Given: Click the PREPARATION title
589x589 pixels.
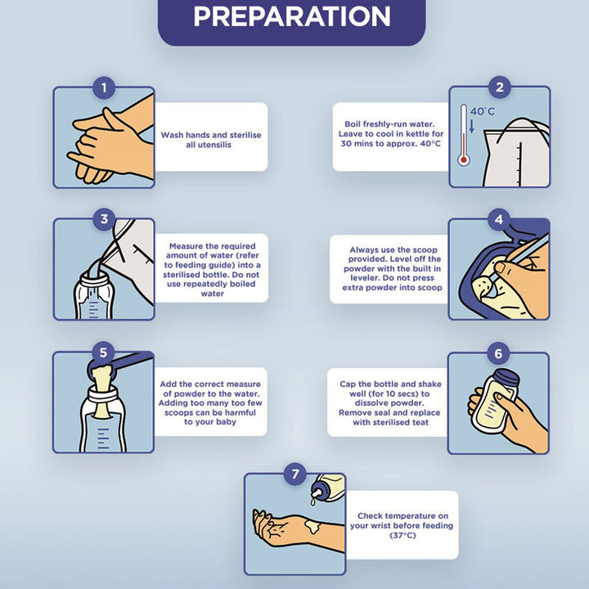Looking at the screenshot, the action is [x=292, y=16].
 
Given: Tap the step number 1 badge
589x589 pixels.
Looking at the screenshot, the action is [x=104, y=88].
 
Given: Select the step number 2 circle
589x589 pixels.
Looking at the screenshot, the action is [x=500, y=88].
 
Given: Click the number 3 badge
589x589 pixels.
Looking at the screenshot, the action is [x=104, y=219].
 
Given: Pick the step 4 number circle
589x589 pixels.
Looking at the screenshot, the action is [x=499, y=219].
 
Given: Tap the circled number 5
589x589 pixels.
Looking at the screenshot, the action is [x=103, y=353].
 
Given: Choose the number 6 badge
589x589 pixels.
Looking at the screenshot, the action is [x=498, y=353].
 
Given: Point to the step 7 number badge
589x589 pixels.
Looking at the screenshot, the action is [x=295, y=474].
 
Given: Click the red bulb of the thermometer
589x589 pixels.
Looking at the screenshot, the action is [x=464, y=160].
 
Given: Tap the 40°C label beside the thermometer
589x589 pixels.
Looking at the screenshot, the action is [x=483, y=111].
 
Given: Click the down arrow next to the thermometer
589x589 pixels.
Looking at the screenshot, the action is [x=472, y=126].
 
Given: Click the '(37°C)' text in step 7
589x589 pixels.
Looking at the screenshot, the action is [x=402, y=535].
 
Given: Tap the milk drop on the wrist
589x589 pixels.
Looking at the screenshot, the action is [x=312, y=526].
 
